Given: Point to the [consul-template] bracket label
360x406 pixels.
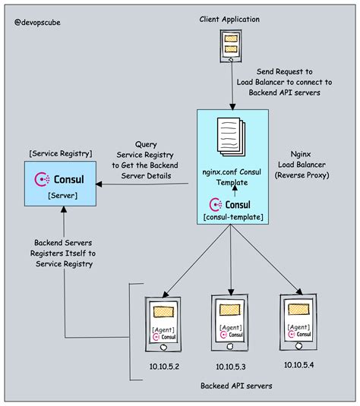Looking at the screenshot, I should click(233, 219).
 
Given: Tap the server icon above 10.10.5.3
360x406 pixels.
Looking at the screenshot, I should click(229, 322).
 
